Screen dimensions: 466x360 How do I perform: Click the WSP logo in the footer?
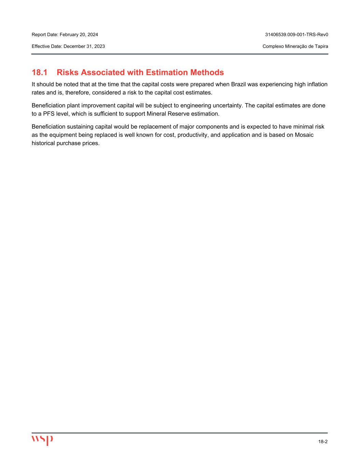coord(42,440)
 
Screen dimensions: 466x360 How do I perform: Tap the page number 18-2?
coord(323,441)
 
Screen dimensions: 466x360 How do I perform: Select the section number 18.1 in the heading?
coord(39,72)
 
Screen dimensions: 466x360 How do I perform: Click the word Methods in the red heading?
coord(207,72)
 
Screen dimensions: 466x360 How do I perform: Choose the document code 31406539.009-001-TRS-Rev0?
coord(297,34)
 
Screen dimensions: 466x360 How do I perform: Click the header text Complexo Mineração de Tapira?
coord(295,46)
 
